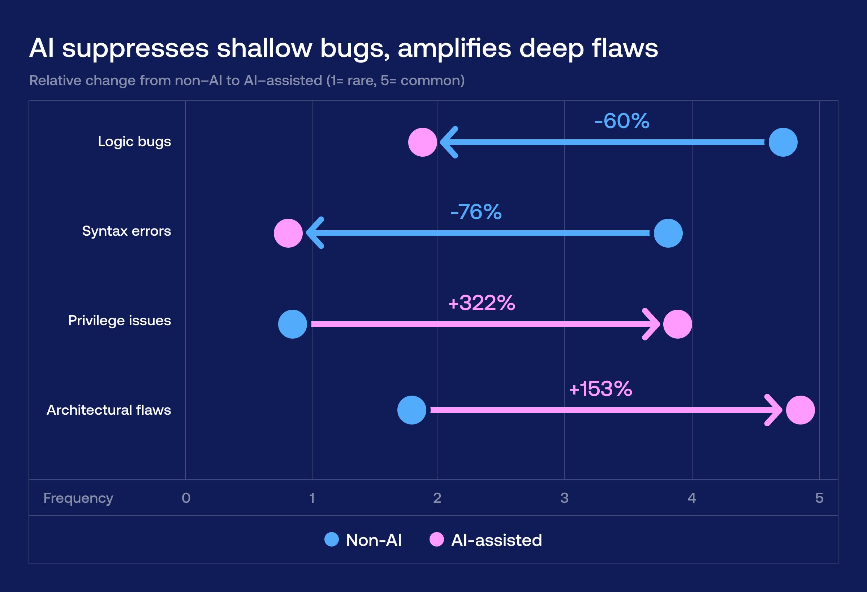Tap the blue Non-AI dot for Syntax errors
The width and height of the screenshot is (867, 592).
[668, 233]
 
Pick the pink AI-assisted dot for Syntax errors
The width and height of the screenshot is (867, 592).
[288, 233]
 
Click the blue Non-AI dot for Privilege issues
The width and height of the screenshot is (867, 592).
[293, 324]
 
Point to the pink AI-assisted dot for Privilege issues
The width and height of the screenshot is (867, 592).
[677, 324]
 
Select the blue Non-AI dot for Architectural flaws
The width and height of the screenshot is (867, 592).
[411, 410]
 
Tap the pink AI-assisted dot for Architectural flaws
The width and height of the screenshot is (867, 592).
[800, 410]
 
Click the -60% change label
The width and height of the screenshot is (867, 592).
[621, 121]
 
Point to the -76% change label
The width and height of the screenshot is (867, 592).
[476, 212]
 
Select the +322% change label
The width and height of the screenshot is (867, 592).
[481, 303]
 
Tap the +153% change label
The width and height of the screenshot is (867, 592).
[600, 389]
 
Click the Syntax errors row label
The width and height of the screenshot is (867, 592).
[126, 231]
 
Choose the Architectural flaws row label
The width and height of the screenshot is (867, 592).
[109, 410]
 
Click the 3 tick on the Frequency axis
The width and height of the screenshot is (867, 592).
[564, 498]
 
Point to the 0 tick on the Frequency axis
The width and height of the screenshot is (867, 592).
[186, 498]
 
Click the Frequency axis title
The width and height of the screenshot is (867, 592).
[78, 498]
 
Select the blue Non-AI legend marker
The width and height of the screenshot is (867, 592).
[331, 539]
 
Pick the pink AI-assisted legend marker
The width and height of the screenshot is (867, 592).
[436, 539]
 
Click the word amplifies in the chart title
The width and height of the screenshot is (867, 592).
[454, 48]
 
